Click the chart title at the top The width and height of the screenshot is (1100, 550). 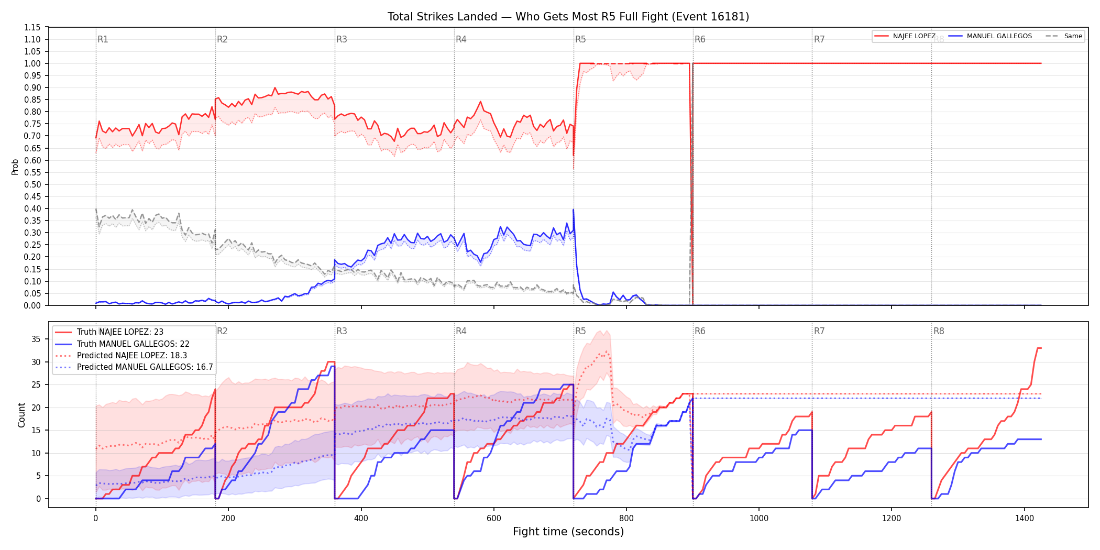point(568,17)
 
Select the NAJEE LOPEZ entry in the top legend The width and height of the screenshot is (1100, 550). point(905,36)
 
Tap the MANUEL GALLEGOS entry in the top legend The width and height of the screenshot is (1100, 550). point(990,36)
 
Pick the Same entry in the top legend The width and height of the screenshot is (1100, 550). point(1064,36)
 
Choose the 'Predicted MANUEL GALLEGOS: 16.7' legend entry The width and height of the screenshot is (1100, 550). point(134,367)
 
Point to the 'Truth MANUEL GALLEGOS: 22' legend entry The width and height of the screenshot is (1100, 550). point(123,344)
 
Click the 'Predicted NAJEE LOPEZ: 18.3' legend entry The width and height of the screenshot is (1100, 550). point(121,355)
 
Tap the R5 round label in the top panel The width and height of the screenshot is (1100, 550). point(580,39)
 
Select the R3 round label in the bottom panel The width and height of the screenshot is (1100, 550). point(342,331)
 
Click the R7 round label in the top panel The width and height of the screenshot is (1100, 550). point(819,39)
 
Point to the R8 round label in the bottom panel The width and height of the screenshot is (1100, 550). point(939,331)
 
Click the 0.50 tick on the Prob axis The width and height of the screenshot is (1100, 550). point(32,184)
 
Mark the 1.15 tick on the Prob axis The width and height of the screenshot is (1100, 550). point(32,27)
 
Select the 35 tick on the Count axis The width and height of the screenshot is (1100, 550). point(36,339)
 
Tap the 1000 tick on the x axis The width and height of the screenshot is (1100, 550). point(759,519)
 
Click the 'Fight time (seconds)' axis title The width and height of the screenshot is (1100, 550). point(568,532)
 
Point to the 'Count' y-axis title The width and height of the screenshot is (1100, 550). point(21,415)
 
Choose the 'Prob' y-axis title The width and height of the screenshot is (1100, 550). point(15,167)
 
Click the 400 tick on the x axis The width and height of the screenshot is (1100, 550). point(361,519)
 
